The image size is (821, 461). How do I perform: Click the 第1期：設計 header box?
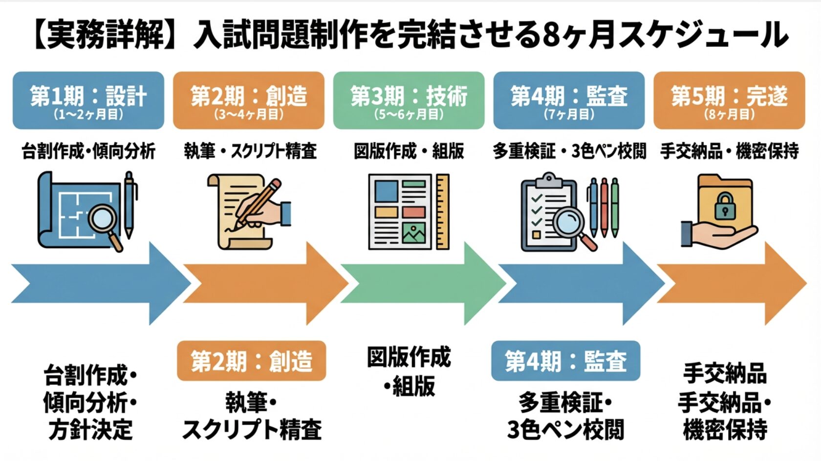tap(88, 100)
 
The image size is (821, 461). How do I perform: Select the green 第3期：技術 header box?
tap(409, 100)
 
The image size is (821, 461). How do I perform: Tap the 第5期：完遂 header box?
tap(729, 100)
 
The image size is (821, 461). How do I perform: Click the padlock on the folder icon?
tap(725, 206)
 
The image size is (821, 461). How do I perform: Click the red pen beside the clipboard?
tap(604, 208)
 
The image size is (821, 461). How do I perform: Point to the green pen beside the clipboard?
tap(615, 208)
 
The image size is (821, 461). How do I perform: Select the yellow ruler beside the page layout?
tap(442, 212)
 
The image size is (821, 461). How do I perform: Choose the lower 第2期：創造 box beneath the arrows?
tap(251, 361)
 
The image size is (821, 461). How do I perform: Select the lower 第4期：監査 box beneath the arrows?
tap(565, 361)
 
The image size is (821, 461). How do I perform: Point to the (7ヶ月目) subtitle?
tap(569, 115)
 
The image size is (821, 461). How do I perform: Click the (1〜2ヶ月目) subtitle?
tap(88, 115)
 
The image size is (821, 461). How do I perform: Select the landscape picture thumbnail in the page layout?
tap(413, 233)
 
